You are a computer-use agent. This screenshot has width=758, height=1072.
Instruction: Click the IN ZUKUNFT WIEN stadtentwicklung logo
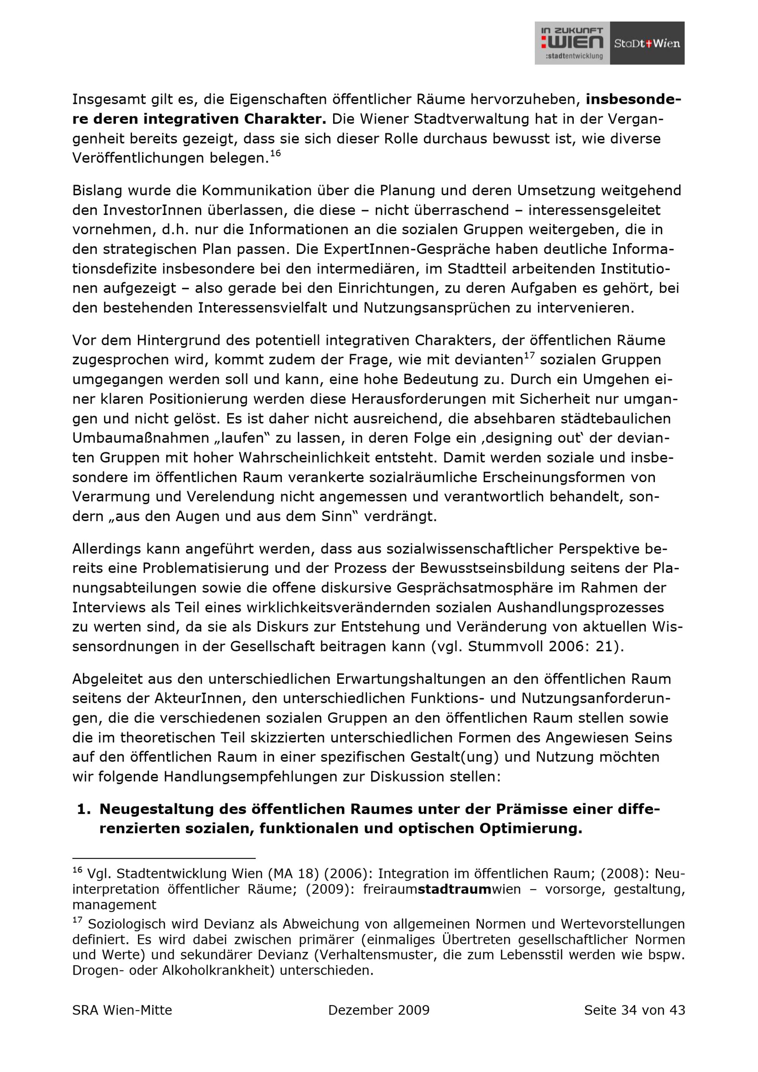[572, 43]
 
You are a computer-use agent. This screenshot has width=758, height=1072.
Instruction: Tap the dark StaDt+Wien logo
[647, 43]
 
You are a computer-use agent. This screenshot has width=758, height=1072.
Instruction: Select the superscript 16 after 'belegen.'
[276, 153]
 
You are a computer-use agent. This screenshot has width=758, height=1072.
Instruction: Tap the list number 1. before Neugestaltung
[84, 809]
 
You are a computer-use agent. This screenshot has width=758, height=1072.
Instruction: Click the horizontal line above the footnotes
[164, 858]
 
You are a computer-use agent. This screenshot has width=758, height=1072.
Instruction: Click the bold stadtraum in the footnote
[454, 889]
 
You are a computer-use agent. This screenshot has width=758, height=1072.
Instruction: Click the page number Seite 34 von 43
[634, 1010]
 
